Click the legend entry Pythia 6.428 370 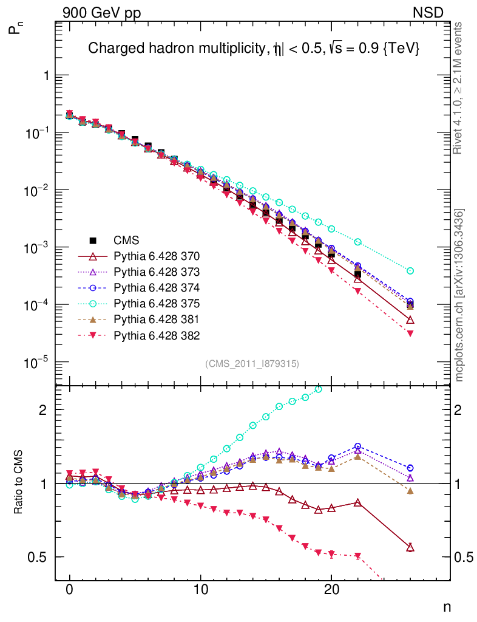pos(157,256)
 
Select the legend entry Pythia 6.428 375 pos(157,303)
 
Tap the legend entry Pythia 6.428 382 pos(157,335)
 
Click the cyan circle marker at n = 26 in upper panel pos(410,270)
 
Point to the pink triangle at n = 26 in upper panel pos(410,333)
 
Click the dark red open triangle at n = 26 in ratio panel pos(410,548)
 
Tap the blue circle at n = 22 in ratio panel pos(357,446)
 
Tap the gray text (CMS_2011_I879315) pos(252,363)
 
